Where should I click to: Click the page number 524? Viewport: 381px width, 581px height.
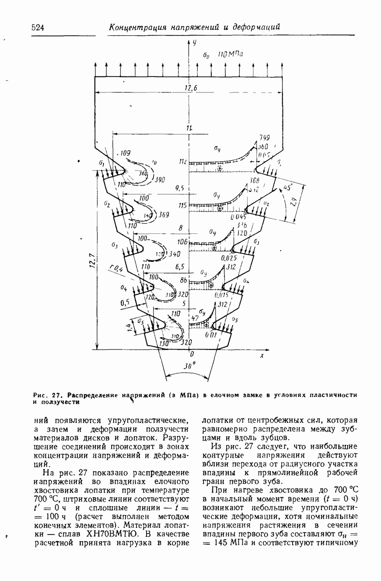click(38, 28)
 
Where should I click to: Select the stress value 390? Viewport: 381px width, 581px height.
click(160, 180)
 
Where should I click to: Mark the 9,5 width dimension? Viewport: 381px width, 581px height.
click(180, 187)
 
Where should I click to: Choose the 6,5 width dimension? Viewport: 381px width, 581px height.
click(179, 266)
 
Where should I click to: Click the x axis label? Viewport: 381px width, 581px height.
click(261, 355)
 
